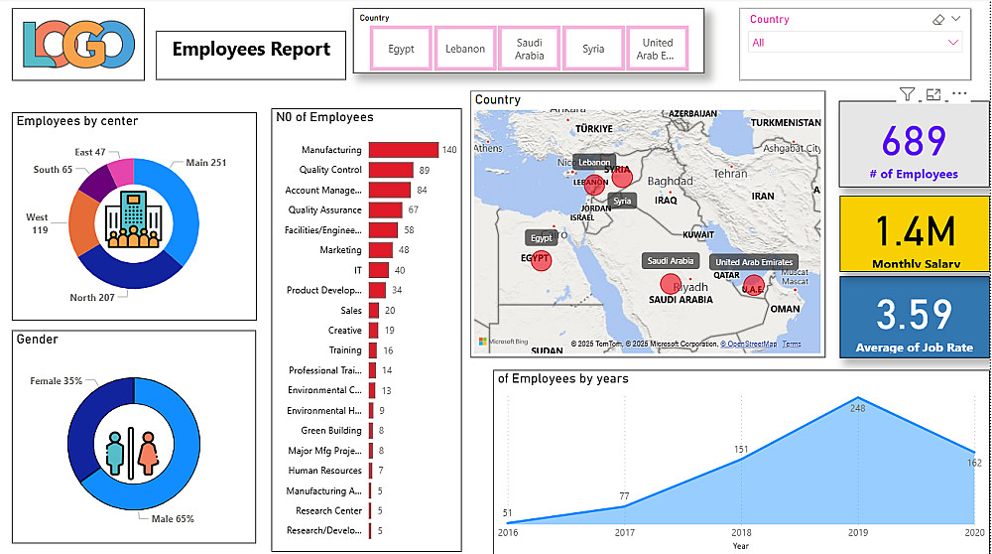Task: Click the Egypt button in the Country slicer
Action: [x=402, y=49]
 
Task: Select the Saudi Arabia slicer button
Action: [x=529, y=49]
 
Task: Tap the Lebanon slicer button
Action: [x=465, y=49]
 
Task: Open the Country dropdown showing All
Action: [x=855, y=43]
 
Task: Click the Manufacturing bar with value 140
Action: [x=404, y=150]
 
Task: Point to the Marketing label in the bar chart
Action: [x=340, y=250]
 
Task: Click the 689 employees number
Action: [x=914, y=142]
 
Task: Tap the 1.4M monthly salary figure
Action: [x=915, y=231]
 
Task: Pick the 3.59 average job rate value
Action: [x=915, y=314]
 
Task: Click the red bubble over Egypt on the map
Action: [x=541, y=259]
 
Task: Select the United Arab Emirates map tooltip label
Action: [x=752, y=262]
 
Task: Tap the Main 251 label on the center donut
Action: [x=205, y=163]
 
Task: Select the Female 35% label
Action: [x=57, y=380]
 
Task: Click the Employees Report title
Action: [x=251, y=49]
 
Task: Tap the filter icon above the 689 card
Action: [x=907, y=94]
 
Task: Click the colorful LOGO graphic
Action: [x=78, y=45]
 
